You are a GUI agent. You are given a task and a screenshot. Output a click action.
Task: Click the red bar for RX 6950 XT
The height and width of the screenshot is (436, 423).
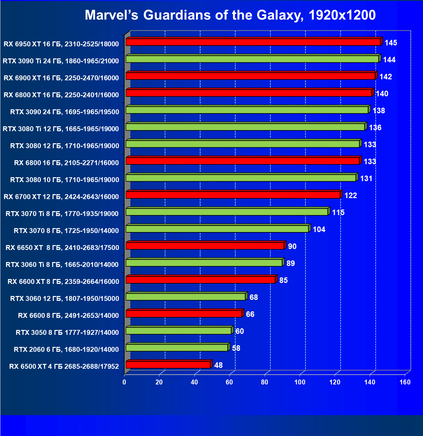pos(253,42)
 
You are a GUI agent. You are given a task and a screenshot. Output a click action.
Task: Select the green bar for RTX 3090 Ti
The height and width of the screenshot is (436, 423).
pos(252,59)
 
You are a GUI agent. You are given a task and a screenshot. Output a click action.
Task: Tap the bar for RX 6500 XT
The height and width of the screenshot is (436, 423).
pos(168,365)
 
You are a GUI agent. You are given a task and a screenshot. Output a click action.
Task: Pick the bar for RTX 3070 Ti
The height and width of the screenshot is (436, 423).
pos(227,212)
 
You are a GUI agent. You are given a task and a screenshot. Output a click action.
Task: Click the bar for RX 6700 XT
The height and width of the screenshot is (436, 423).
pos(233,195)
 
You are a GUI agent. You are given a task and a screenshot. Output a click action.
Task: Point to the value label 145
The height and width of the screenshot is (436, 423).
pos(391,43)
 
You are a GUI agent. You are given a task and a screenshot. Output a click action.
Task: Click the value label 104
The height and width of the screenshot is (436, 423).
pos(319,229)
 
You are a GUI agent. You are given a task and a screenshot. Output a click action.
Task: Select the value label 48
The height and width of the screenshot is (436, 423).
pos(218,365)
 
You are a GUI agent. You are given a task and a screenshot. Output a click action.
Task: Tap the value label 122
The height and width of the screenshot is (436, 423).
pos(350,195)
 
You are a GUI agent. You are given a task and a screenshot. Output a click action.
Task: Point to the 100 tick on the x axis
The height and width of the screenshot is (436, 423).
pos(300,382)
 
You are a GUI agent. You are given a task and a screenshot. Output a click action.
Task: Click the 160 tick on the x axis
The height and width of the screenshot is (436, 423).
pos(405,382)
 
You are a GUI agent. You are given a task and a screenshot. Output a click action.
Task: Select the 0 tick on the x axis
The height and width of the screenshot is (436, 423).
pos(124,382)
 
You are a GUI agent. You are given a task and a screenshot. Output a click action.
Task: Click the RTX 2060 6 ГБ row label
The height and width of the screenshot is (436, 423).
pos(66,350)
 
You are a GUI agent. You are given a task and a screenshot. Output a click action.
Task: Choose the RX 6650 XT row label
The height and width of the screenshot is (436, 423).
pos(62,248)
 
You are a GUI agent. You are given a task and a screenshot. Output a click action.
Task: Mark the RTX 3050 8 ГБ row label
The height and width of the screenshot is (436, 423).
pos(67,333)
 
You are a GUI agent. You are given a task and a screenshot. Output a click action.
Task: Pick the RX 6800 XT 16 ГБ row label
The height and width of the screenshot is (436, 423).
pos(61,95)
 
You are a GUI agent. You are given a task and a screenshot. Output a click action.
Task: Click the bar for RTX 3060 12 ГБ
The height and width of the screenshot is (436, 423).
pos(186,297)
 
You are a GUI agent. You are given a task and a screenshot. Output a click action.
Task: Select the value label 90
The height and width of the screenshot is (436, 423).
pos(292,246)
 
